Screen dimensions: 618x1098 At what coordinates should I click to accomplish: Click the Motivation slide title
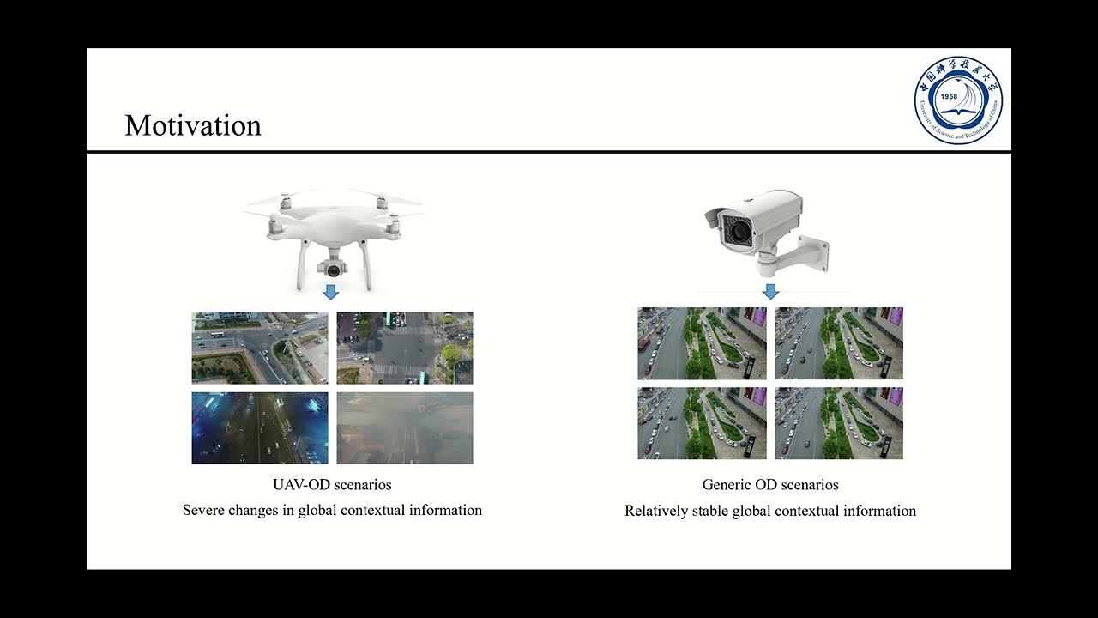coord(192,125)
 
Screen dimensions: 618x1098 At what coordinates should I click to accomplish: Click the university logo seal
coord(957,100)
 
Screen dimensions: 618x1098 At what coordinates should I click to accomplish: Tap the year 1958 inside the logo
coord(949,96)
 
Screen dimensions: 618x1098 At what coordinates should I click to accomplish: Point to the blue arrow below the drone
coord(331,293)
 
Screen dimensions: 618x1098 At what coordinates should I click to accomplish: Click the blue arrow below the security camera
coord(770,292)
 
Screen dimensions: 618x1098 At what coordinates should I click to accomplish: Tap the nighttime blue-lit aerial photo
coord(259,427)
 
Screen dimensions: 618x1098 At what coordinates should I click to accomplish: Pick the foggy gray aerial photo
coord(404,427)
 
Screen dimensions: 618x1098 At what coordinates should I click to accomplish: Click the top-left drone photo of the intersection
coord(259,348)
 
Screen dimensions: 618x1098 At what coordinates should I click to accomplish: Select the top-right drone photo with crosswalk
coord(404,348)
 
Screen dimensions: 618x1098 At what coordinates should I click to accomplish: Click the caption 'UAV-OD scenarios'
coord(332,485)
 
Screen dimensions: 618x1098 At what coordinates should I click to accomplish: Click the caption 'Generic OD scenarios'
coord(770,485)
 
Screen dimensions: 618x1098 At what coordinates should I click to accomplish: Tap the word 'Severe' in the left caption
coord(203,510)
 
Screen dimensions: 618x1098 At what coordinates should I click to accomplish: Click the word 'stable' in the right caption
coord(709,511)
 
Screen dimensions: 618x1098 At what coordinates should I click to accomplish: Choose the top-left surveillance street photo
coord(702,343)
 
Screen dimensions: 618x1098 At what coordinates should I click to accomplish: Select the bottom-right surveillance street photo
coord(839,423)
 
